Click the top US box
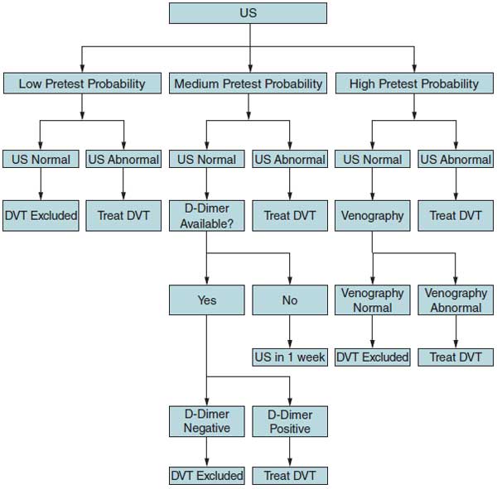248,13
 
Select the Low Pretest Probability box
81,84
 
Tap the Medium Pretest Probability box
248,84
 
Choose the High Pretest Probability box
413,84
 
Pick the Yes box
206,300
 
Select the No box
289,300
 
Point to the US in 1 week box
289,357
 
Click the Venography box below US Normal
372,216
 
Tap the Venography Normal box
372,300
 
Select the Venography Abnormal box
456,300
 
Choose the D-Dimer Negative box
206,421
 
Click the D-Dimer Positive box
289,421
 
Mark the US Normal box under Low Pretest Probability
40,160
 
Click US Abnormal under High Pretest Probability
456,160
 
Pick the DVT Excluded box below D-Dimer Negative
206,476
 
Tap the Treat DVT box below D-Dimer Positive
289,476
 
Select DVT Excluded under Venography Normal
372,357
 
